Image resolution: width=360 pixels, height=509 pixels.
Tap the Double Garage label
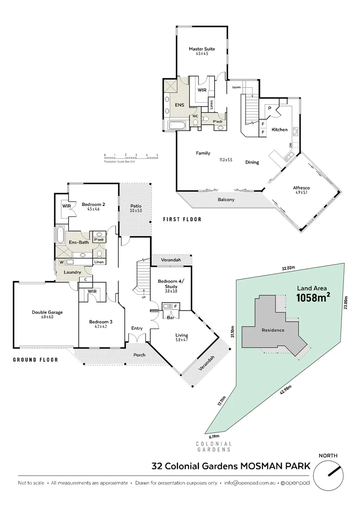[x=47, y=312]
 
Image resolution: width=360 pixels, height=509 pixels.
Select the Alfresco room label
[x=304, y=188]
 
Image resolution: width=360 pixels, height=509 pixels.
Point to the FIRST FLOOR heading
[x=182, y=219]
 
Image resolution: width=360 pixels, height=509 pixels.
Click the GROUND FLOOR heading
[x=36, y=360]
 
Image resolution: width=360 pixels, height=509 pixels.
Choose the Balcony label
[x=226, y=200]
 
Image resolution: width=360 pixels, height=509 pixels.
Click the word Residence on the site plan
[x=273, y=330]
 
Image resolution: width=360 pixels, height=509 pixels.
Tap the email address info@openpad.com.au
[x=249, y=483]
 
